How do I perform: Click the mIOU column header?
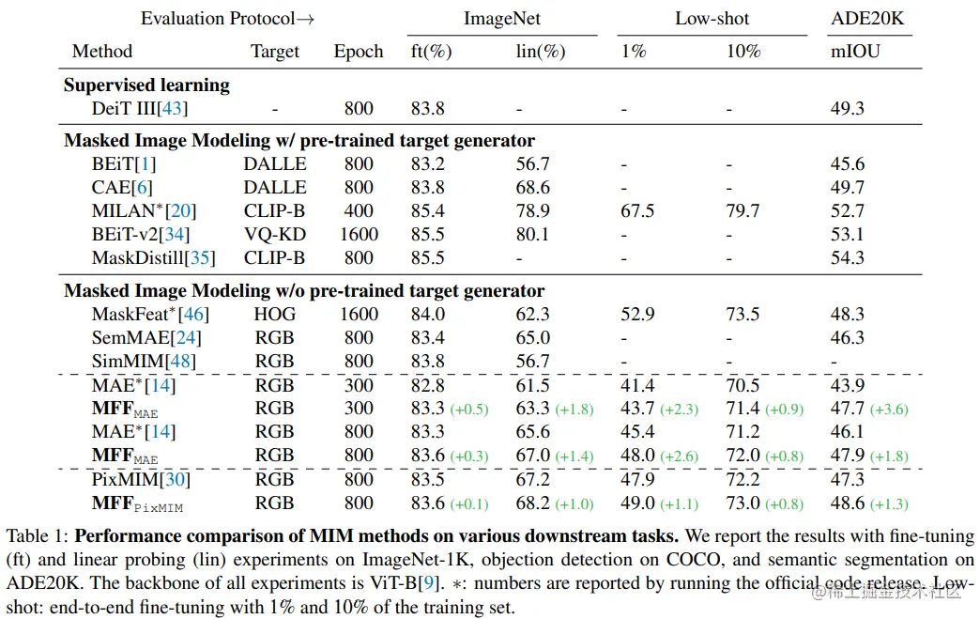click(855, 52)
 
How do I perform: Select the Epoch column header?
click(359, 52)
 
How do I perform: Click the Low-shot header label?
click(712, 19)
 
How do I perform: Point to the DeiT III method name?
click(139, 109)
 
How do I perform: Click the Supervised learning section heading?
click(146, 85)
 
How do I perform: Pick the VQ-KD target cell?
click(274, 235)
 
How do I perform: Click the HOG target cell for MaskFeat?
click(274, 315)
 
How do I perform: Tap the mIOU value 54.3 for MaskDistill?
click(848, 258)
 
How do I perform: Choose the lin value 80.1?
click(532, 235)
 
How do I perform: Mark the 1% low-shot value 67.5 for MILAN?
click(637, 211)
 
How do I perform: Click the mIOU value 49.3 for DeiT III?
click(848, 109)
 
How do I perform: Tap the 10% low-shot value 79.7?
click(743, 211)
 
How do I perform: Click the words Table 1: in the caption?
click(38, 537)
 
